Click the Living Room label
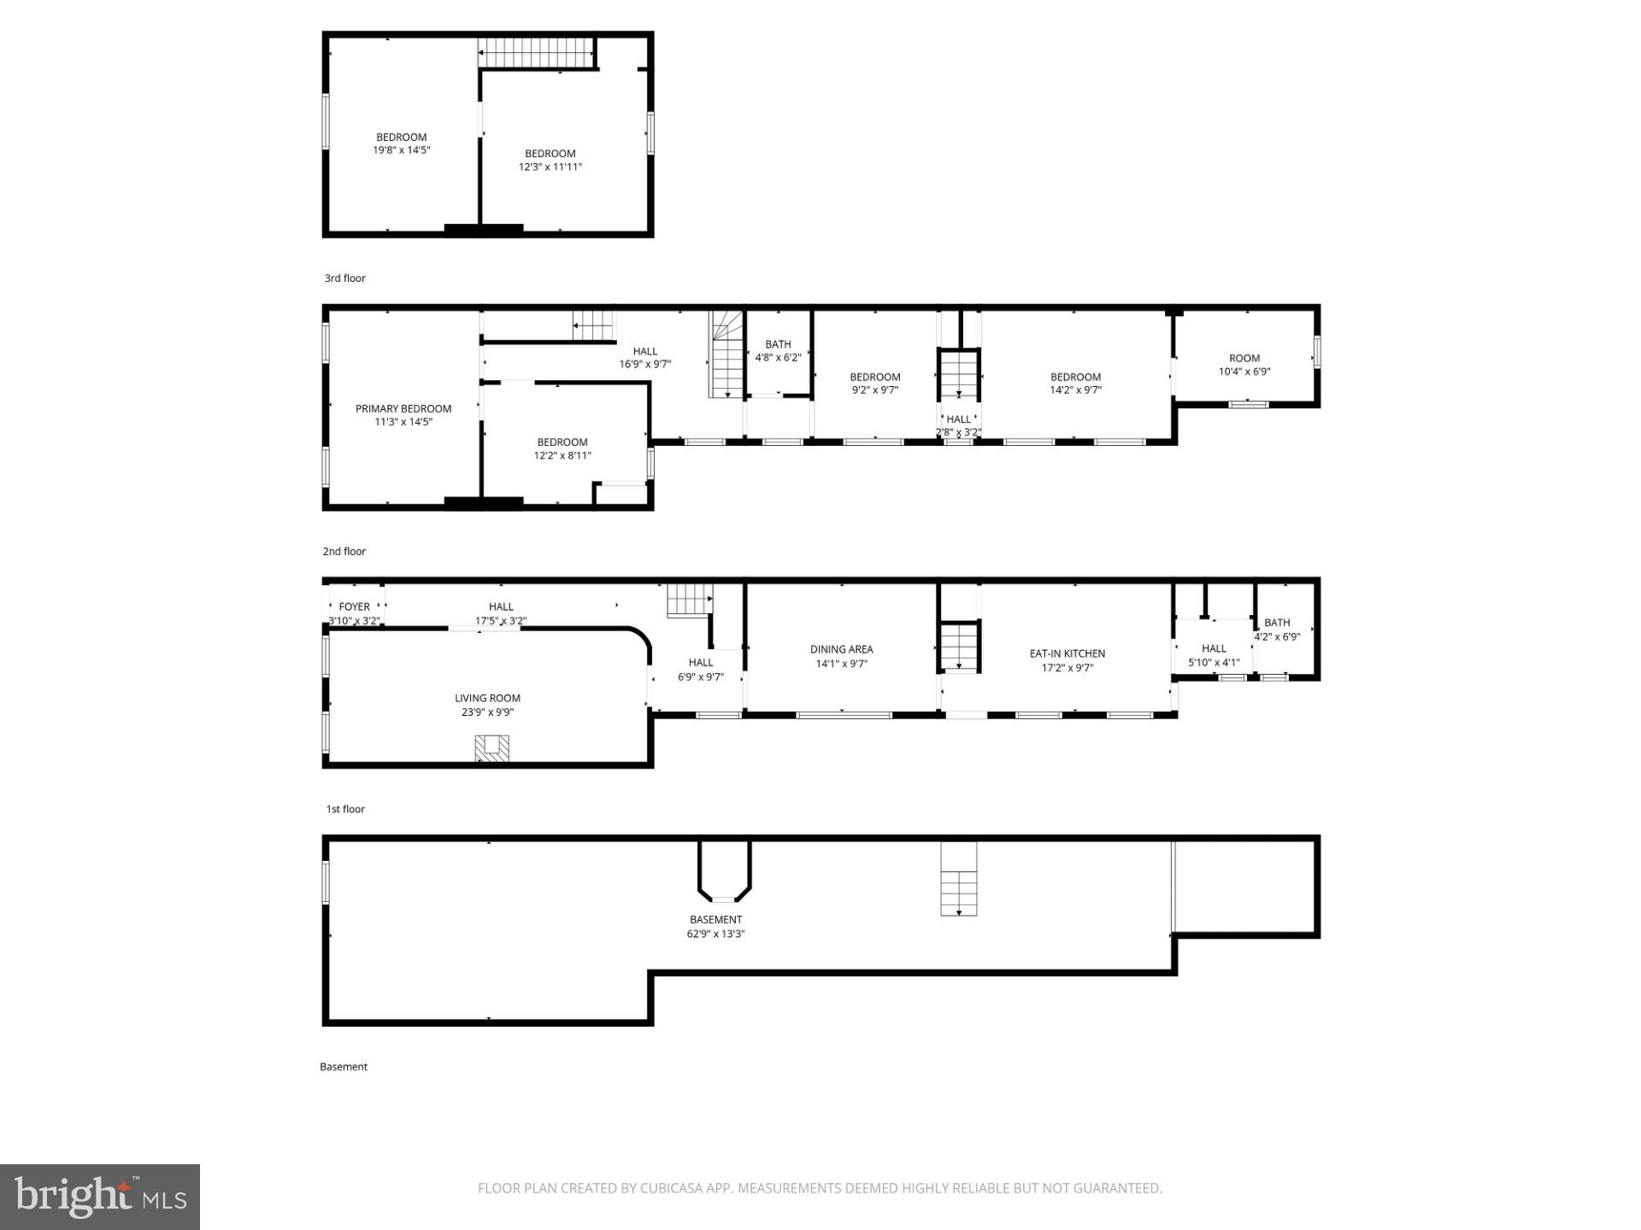click(487, 698)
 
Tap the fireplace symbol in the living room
click(491, 748)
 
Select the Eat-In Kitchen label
click(1067, 653)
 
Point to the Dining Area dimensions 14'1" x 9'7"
click(842, 664)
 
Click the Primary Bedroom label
click(403, 408)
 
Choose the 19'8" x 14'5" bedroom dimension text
click(401, 150)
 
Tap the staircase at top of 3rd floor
click(535, 52)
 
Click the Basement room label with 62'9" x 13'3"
click(715, 920)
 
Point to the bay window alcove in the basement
click(724, 871)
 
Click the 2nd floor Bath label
click(778, 344)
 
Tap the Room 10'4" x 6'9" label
click(1244, 359)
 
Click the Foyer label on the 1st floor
click(354, 606)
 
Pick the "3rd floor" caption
click(344, 278)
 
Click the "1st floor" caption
click(344, 809)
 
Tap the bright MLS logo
click(100, 1197)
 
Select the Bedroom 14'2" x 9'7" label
click(1075, 377)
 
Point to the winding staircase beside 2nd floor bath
click(726, 354)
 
